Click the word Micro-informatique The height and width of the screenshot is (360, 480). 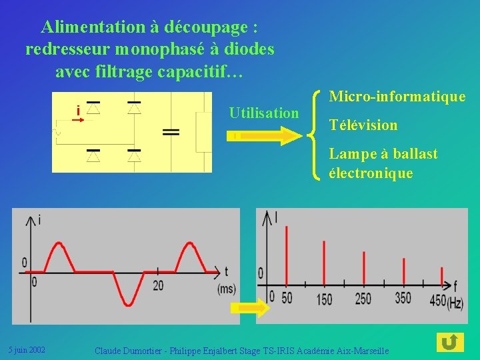coord(397,97)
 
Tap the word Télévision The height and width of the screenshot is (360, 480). coord(363,125)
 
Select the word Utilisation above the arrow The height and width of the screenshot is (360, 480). coord(264,113)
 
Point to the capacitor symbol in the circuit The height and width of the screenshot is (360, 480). coord(171,132)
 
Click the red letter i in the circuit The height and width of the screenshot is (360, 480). coord(78,111)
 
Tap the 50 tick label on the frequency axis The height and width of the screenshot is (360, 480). coord(287,298)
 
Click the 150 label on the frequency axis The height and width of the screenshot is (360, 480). coord(325,299)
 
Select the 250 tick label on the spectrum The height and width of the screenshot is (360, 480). coord(363,299)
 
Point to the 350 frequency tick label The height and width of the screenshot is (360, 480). coord(403,298)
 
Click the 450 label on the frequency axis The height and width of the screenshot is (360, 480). coord(438,300)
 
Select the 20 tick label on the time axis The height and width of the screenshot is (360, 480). coord(158,285)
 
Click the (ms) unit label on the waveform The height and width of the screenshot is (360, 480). coord(227,289)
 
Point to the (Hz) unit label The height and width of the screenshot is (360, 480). coord(455,303)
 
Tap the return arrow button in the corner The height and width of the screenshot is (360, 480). coord(450,343)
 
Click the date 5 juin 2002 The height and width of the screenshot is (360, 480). coord(27,349)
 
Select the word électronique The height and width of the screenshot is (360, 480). coord(371,174)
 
